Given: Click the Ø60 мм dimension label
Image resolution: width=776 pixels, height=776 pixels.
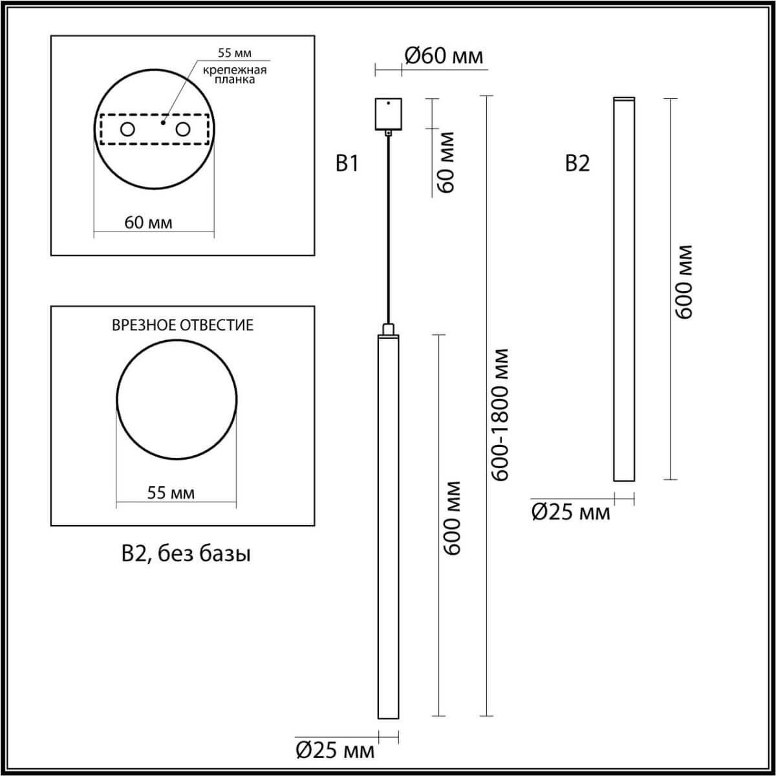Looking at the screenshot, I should click(444, 56).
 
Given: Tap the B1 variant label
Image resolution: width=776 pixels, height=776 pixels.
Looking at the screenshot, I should click(347, 164).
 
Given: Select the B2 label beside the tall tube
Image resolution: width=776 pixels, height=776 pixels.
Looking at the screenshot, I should click(577, 164).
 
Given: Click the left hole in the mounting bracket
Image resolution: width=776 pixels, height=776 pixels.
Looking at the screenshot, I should click(127, 129).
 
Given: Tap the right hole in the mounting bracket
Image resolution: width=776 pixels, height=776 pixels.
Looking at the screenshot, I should click(183, 129).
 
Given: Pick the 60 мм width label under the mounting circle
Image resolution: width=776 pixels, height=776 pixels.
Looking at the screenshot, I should click(149, 222).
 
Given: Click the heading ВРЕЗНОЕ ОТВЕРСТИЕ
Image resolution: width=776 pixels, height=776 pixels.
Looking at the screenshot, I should click(183, 325).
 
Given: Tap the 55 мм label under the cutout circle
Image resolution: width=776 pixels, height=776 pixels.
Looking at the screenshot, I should click(171, 493).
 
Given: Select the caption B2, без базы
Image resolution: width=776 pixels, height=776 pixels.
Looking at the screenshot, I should click(186, 554).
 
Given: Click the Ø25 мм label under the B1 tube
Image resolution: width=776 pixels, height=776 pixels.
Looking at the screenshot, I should click(335, 750).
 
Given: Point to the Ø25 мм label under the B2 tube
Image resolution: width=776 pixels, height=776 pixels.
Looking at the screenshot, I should click(570, 512).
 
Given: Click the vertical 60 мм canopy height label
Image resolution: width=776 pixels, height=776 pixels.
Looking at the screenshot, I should click(446, 162).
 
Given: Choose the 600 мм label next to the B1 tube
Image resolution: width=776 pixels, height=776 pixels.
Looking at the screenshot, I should click(453, 517).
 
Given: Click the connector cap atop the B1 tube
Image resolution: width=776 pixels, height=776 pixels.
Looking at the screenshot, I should click(388, 329).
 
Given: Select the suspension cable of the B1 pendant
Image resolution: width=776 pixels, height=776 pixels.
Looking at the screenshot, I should click(388, 226).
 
